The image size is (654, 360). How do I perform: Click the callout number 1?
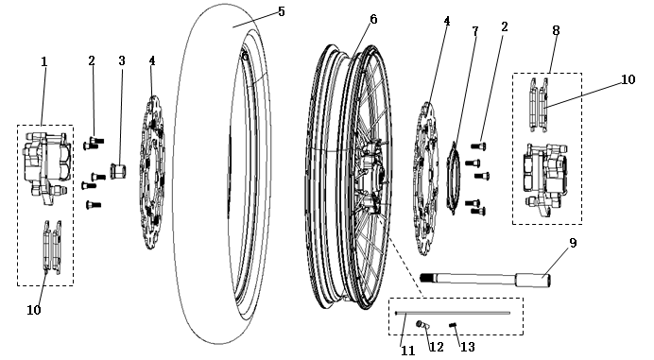point(43,61)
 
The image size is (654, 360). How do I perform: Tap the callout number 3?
point(121,61)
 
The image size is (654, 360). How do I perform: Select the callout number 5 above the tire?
point(281,11)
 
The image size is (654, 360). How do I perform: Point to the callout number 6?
point(373,19)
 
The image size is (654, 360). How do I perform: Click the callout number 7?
point(475,31)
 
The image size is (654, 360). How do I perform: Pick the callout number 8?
point(556,31)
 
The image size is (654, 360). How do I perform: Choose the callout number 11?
point(406,349)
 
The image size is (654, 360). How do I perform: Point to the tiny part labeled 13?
point(455,327)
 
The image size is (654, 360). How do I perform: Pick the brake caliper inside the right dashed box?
point(544,178)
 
